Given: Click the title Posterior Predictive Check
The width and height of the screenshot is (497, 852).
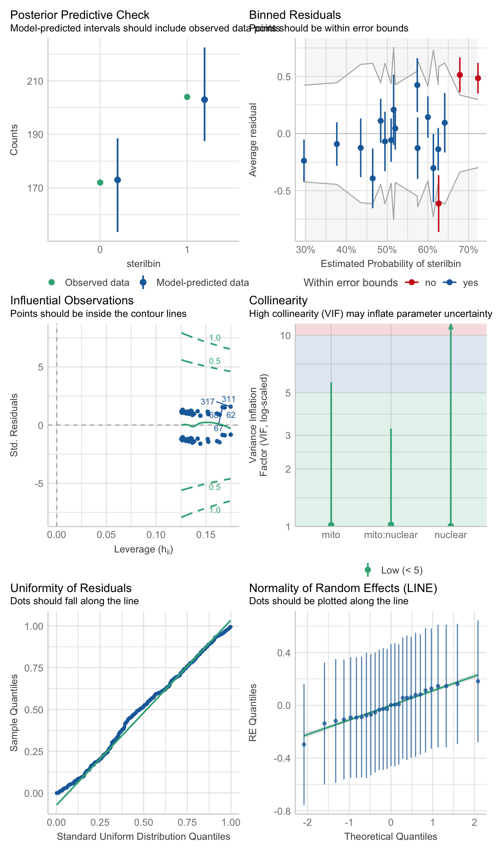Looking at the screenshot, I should tap(80, 15).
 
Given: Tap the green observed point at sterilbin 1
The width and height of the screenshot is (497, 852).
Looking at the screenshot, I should tap(187, 97).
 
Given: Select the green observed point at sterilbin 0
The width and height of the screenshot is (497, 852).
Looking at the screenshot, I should tap(100, 182).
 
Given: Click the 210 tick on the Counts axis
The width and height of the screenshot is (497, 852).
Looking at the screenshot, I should tap(35, 81).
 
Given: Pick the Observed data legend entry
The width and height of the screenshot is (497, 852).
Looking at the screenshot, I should tap(97, 283).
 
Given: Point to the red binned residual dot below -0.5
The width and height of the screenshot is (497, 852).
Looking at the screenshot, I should tap(439, 203).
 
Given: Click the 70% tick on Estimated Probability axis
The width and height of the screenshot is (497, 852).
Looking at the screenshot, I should tap(468, 250).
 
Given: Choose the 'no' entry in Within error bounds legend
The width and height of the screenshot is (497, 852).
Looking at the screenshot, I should tap(430, 283).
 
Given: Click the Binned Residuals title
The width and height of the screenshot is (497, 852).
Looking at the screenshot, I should tap(295, 15).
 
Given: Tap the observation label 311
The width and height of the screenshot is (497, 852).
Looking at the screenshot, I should tap(229, 399).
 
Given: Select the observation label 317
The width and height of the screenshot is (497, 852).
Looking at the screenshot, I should tap(207, 402).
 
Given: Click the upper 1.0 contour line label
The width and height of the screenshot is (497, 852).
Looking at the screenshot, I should tap(215, 338).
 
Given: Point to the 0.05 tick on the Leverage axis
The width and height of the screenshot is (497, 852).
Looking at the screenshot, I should tap(106, 535).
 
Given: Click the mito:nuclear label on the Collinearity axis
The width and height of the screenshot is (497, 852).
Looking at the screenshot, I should tap(390, 535).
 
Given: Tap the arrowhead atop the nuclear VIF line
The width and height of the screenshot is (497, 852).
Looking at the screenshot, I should tap(451, 326).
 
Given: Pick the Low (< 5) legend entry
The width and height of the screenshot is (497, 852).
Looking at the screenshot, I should tap(402, 570).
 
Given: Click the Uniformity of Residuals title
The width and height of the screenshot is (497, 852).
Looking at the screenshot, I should tap(71, 588).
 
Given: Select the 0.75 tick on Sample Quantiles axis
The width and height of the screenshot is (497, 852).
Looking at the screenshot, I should tap(34, 668).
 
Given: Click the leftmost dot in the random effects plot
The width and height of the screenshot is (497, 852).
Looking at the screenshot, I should tap(304, 744).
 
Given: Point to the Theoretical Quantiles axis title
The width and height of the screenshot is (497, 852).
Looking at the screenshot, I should tap(390, 836).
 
